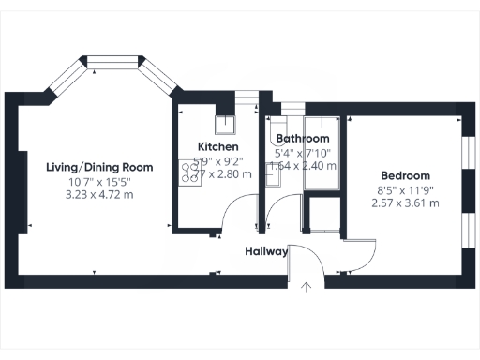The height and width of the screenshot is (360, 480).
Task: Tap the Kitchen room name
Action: click(x=217, y=147)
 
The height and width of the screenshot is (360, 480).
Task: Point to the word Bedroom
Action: click(x=405, y=175)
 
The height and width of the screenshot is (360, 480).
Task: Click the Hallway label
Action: click(x=266, y=251)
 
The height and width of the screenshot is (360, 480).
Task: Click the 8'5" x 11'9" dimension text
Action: click(x=405, y=189)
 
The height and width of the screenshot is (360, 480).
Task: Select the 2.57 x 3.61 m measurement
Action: click(x=405, y=202)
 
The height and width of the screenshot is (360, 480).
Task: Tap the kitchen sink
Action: click(x=226, y=126)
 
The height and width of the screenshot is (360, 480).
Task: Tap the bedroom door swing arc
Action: click(x=361, y=251)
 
